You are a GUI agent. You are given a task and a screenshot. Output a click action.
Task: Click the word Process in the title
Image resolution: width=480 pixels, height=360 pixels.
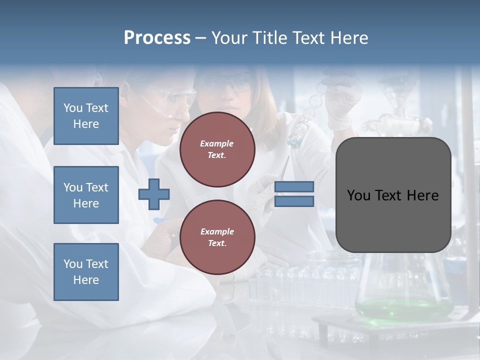(x=157, y=38)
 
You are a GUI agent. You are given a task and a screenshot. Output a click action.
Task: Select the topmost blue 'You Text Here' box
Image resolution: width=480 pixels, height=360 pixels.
(x=86, y=116)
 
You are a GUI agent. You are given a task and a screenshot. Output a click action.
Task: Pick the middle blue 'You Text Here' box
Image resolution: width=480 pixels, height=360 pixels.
(x=86, y=195)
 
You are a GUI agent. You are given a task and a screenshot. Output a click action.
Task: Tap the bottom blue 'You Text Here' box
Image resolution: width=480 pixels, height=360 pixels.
(x=86, y=272)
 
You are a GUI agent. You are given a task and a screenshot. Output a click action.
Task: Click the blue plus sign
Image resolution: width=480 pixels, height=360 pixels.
(x=154, y=194)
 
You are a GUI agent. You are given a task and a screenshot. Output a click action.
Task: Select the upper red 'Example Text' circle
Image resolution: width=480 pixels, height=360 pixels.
(x=217, y=149)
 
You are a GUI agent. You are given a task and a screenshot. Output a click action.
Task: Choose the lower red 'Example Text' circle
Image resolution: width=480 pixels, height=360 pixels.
(x=217, y=237)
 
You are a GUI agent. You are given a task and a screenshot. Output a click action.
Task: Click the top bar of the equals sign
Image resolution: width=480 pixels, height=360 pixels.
(x=294, y=186)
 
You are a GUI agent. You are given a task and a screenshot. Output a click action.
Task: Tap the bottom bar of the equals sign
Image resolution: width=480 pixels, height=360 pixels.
(x=294, y=201)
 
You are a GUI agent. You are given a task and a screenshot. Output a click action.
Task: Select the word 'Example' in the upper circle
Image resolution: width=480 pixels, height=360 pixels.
(x=217, y=143)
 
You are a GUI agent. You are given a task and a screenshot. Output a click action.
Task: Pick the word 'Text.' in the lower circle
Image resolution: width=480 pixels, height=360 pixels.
(x=217, y=243)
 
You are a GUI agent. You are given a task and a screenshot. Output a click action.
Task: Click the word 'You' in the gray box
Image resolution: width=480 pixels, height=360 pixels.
(x=359, y=195)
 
